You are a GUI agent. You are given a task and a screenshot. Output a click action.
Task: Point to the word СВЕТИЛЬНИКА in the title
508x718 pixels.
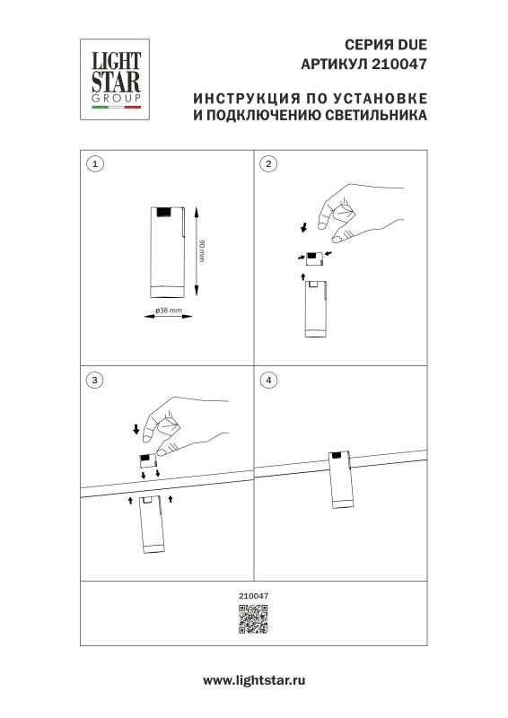pyautogui.click(x=373, y=116)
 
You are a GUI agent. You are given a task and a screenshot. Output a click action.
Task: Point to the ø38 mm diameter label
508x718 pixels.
pyautogui.click(x=169, y=311)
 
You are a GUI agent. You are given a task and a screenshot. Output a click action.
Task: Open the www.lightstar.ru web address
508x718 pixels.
pyautogui.click(x=253, y=681)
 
